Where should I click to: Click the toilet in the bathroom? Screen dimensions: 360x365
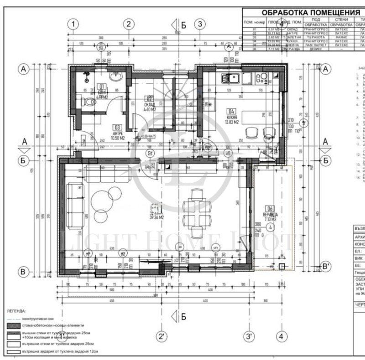click(87, 103)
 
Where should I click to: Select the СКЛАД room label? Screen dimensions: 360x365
click(150, 104)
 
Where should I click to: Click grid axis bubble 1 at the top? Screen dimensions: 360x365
click(73, 24)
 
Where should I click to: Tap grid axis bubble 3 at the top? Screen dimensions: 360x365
click(199, 24)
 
